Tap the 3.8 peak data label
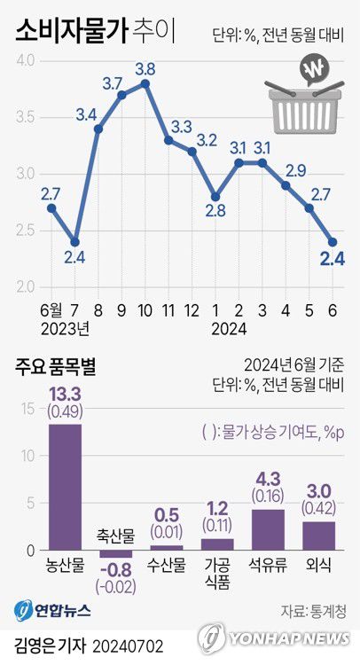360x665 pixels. [145, 68]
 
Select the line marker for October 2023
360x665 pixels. [145, 83]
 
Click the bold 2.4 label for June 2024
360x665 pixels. [333, 259]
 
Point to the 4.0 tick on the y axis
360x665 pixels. [24, 60]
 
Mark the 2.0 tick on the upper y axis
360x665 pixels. [24, 287]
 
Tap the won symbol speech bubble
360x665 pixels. [314, 70]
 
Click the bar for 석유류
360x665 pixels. [269, 529]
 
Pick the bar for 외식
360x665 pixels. [319, 536]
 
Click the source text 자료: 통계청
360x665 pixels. [313, 611]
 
